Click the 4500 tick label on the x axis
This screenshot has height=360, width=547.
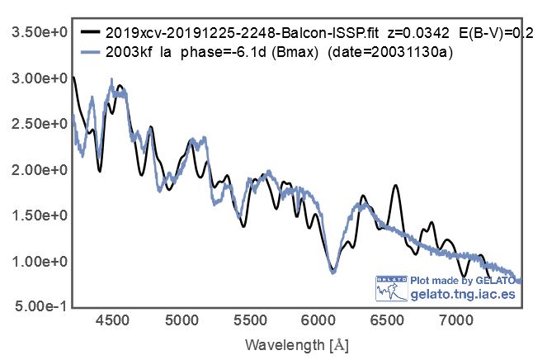point(112,319)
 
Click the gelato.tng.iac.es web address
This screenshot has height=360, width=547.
point(462,294)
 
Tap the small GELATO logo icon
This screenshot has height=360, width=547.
point(391,287)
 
